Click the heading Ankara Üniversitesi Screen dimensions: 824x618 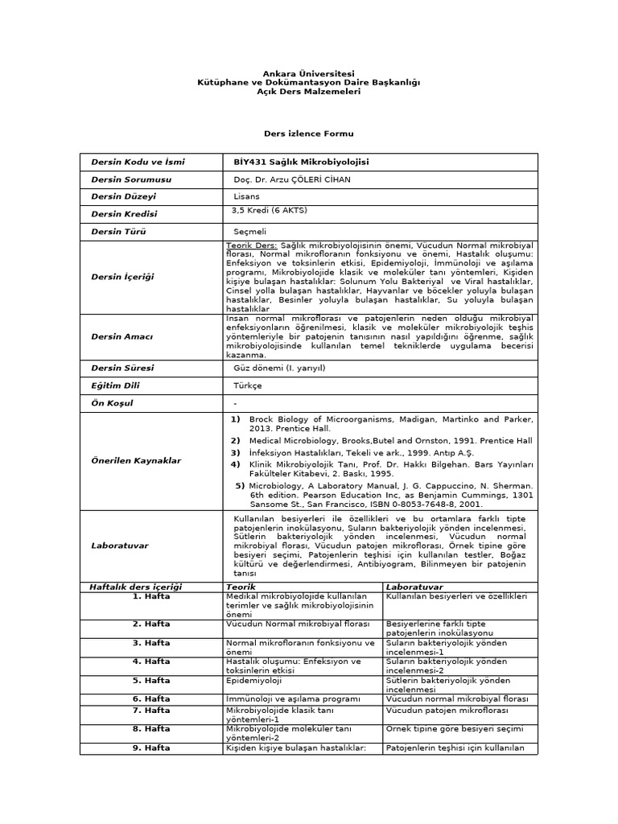[x=308, y=73]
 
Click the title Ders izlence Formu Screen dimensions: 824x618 [x=308, y=133]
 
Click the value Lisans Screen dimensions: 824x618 [x=246, y=196]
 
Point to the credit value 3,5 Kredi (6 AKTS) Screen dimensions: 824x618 [x=269, y=210]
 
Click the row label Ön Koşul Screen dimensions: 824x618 [x=113, y=402]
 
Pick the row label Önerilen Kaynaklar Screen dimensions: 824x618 [x=136, y=461]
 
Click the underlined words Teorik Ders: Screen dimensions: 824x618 [x=252, y=245]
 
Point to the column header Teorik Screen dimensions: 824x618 [x=241, y=587]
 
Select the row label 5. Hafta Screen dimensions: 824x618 [x=151, y=680]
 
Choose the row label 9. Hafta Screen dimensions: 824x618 [x=151, y=748]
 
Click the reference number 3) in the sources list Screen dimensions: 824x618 [x=236, y=453]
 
